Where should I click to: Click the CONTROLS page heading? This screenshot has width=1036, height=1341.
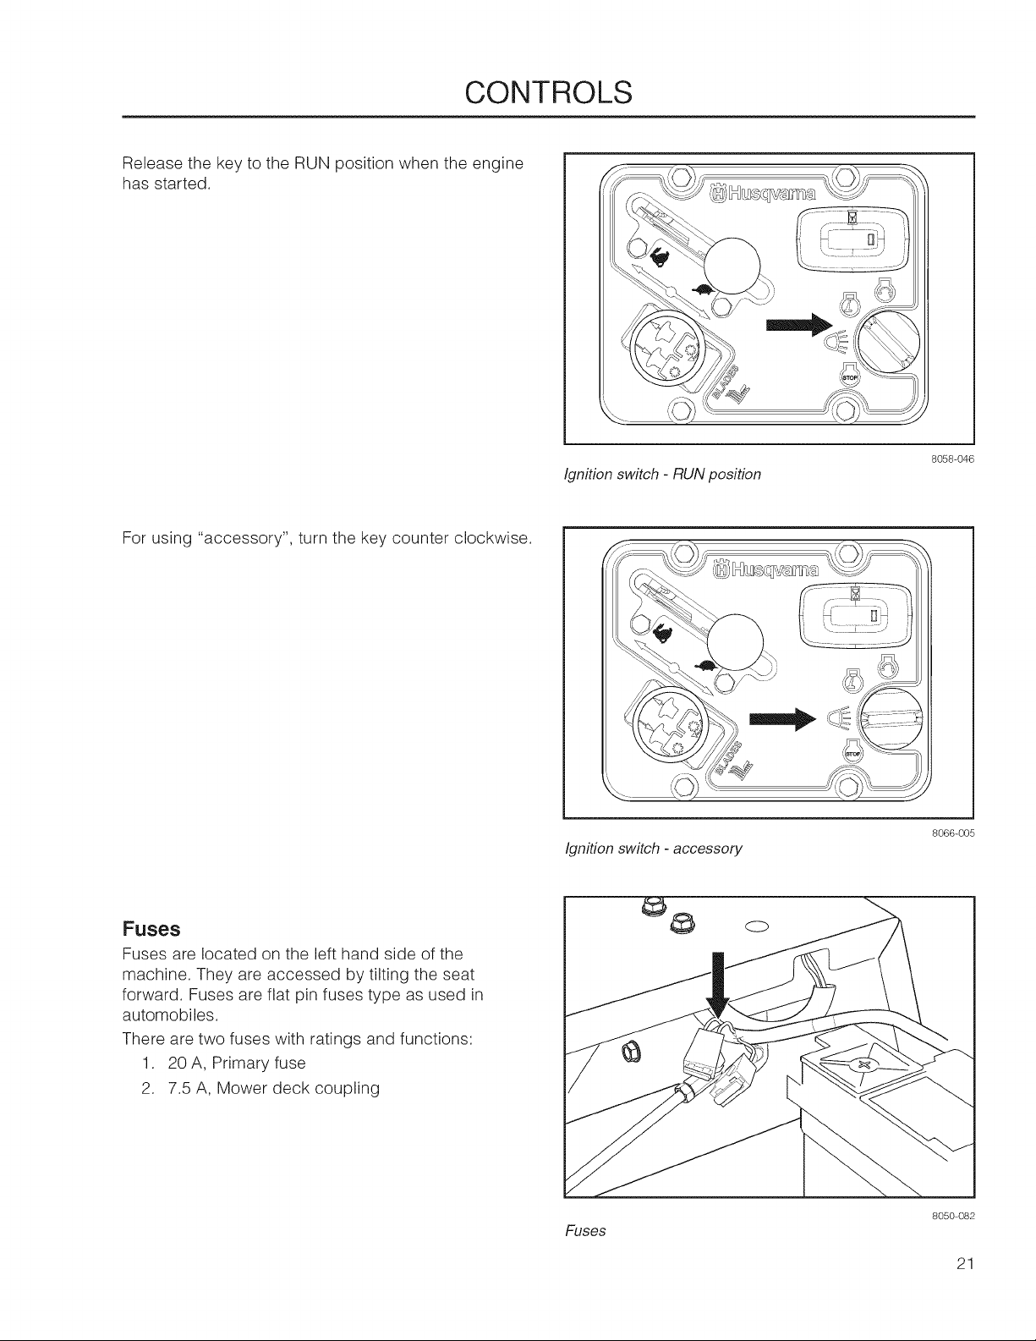pos(548,92)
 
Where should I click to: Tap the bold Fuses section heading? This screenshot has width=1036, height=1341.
pos(151,929)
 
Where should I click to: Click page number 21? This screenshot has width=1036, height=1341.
pos(965,1264)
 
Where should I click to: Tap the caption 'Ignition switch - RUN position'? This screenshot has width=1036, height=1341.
pos(663,475)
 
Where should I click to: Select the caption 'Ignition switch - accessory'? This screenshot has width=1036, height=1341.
pos(654,849)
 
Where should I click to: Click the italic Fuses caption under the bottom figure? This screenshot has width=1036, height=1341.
pos(585,1231)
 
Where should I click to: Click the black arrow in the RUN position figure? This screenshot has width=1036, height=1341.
pos(798,325)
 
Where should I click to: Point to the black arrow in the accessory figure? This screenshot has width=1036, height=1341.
pos(782,718)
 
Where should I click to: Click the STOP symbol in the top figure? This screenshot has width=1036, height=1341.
pos(850,377)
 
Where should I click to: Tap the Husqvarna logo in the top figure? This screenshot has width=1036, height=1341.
pos(764,195)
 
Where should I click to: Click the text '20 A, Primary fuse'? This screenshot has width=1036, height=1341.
pos(236,1063)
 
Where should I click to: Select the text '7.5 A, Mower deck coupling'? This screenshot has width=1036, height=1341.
pos(273,1088)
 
